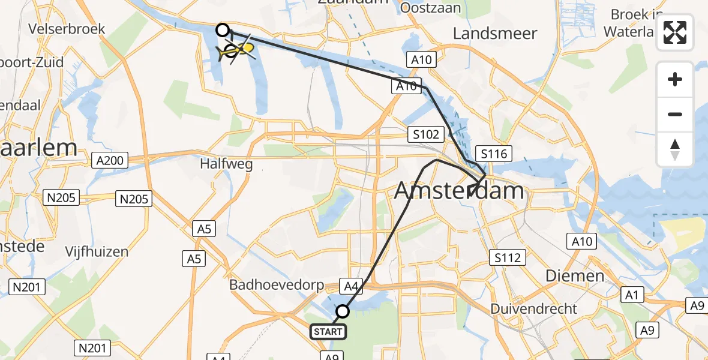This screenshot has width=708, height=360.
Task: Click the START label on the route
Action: pos(328,331)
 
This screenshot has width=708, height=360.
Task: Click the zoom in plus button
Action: pos(675,79)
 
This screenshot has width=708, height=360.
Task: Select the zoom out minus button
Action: pos(675,114)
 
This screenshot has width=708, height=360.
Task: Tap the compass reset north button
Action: pos(675,149)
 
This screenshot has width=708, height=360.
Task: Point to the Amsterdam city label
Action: pos(459,191)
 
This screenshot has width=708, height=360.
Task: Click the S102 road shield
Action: pos(426,134)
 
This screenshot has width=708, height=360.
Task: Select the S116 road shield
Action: pos(494,154)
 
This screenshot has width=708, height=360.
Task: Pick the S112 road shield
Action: pos(507,258)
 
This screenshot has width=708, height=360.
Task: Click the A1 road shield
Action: pos(634,294)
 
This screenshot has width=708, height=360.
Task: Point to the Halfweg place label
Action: pos(226,164)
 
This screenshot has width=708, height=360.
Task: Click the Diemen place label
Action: pos(575,276)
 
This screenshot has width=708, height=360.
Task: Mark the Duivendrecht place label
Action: pos(533,309)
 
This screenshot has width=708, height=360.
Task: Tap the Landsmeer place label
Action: pos(495,34)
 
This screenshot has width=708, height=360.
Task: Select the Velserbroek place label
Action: pos(67,29)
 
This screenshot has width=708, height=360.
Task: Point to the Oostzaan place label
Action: pos(430,8)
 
